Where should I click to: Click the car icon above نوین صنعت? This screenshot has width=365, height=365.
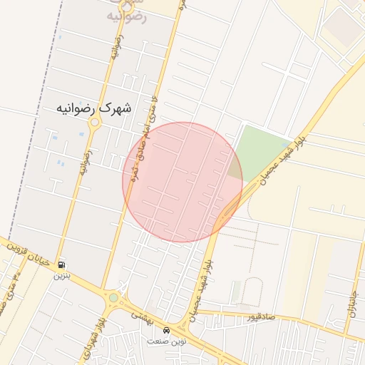coord(166,331)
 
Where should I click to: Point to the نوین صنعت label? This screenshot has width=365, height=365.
coord(165,341)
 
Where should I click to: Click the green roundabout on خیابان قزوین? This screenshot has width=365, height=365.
coord(113,297)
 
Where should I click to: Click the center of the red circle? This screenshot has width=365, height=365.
coord(182,182)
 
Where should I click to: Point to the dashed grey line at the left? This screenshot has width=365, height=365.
coord(43,107)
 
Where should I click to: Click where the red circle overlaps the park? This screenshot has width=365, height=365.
coord(235,168)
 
